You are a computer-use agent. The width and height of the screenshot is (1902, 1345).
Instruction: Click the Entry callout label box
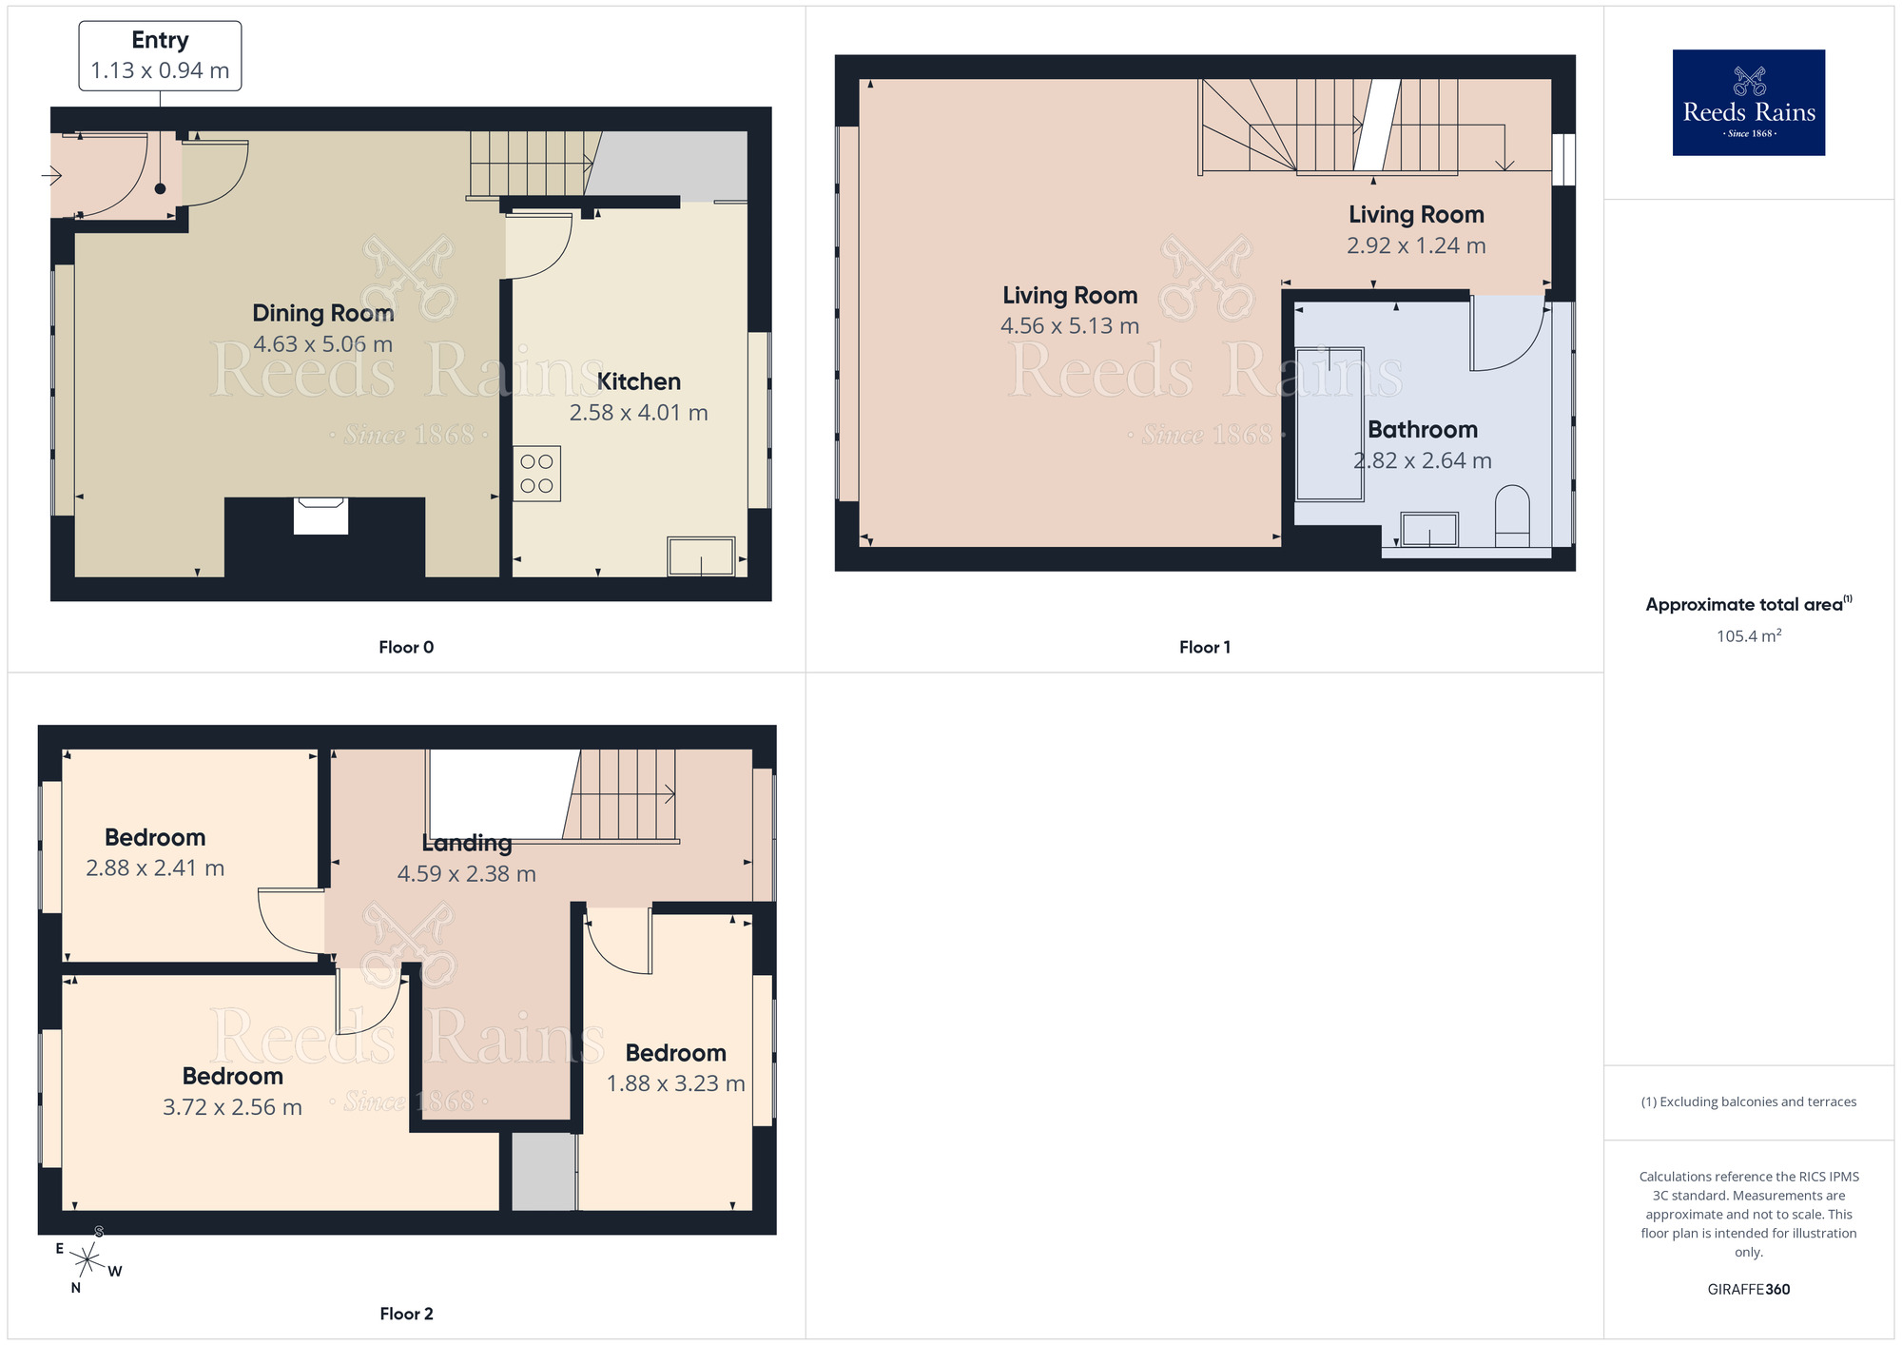click(x=160, y=56)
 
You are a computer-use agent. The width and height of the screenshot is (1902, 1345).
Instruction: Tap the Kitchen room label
click(x=638, y=381)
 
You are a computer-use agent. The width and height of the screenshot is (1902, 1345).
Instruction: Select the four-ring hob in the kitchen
click(x=536, y=474)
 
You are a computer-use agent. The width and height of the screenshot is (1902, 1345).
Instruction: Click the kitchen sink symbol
click(x=701, y=556)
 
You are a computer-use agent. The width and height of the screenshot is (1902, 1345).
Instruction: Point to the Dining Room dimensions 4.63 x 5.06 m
click(x=322, y=344)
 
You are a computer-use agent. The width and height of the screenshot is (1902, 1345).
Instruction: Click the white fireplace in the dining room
click(x=320, y=517)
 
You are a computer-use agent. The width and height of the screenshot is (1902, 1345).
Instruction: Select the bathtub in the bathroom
click(x=1329, y=424)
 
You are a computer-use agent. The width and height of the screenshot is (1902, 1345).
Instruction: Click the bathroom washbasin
click(x=1429, y=530)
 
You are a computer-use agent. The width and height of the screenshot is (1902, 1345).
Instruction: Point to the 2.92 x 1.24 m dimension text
click(x=1416, y=245)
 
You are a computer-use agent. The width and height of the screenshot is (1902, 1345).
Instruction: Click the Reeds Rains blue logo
click(x=1748, y=103)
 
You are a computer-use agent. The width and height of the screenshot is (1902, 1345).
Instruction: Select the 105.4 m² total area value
click(x=1748, y=636)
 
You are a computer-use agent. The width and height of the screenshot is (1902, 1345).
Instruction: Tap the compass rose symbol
click(x=87, y=1261)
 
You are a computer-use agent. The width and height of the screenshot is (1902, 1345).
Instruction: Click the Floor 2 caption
click(x=406, y=1314)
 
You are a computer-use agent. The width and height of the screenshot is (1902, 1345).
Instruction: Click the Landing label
click(x=466, y=843)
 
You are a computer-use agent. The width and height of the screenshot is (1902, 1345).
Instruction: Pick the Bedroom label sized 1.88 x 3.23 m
click(x=675, y=1053)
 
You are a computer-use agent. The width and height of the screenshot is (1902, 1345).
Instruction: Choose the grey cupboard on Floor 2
click(x=543, y=1172)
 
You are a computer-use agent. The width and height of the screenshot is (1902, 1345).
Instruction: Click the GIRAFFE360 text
click(x=1748, y=1290)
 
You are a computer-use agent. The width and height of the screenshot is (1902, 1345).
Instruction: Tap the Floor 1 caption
click(x=1204, y=647)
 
